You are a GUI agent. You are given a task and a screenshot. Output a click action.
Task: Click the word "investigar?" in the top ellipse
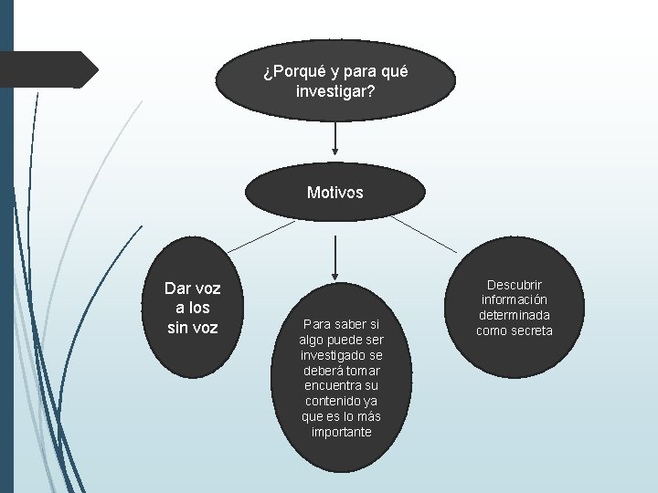(335, 92)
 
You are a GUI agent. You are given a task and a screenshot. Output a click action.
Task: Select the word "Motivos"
(335, 193)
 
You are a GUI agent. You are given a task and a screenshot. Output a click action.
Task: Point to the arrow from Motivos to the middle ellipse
(335, 256)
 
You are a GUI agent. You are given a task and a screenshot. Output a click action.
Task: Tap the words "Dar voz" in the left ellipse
(192, 288)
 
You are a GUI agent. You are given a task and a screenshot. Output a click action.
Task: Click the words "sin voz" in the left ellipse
(192, 327)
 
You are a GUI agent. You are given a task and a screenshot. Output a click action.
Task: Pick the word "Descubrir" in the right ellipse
(514, 286)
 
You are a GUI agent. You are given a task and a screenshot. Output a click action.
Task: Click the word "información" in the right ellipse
(514, 300)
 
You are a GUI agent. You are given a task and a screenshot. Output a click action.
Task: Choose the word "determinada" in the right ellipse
(514, 315)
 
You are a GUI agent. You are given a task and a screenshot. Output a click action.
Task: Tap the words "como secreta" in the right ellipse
(514, 330)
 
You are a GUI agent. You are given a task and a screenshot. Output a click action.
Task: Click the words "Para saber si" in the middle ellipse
(341, 323)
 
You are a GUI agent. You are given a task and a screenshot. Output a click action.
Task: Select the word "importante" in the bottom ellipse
(341, 432)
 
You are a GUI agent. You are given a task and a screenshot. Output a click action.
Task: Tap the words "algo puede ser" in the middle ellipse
(341, 339)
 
